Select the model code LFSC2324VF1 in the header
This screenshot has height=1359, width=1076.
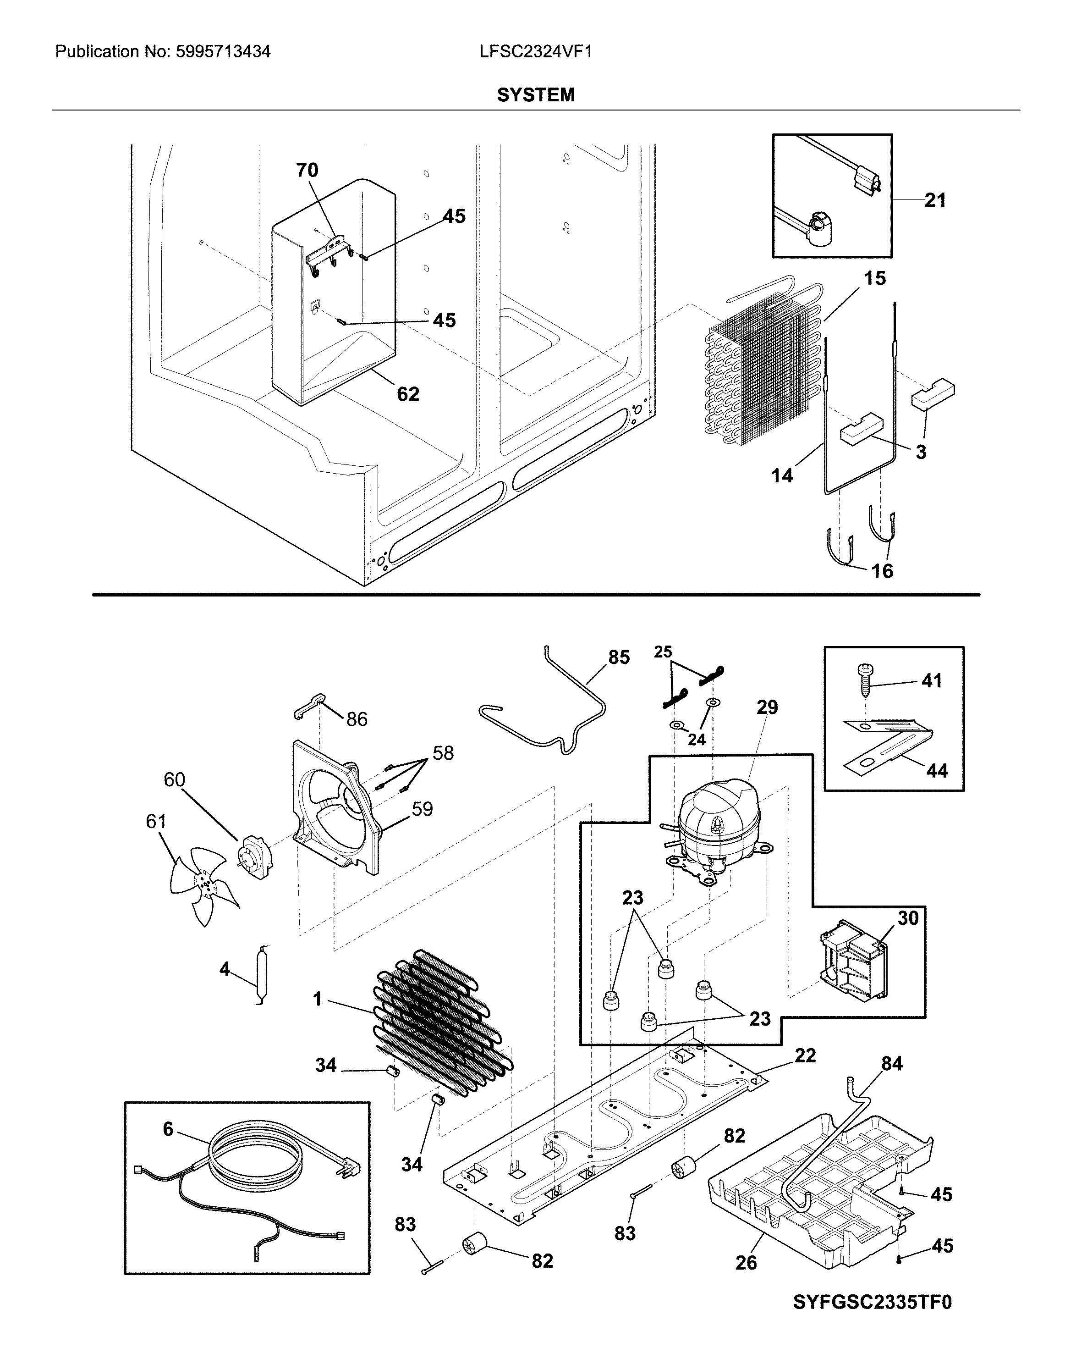point(536,52)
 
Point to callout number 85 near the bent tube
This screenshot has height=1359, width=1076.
point(619,657)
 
